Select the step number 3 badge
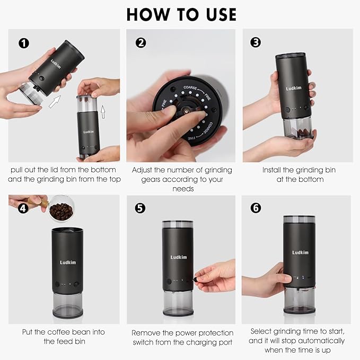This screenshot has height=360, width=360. point(256,42)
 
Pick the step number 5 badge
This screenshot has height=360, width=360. point(140,208)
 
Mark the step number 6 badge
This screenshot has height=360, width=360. point(256,208)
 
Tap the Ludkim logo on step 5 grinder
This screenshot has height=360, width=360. point(178,257)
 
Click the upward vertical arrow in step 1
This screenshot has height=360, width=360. point(103,111)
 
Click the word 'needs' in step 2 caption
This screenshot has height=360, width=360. point(182,189)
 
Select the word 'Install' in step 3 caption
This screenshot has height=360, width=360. point(274,170)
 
